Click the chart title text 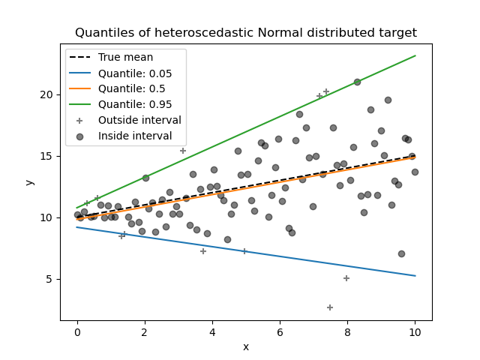click(246, 33)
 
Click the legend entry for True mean click(125, 57)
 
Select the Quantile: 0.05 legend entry click(135, 73)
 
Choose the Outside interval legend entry click(139, 120)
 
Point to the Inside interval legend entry click(135, 136)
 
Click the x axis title click(246, 346)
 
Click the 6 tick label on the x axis click(280, 331)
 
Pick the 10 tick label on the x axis click(415, 331)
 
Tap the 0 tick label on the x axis click(77, 331)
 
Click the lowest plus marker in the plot click(330, 307)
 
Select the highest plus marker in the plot click(326, 91)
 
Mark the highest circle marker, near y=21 click(357, 82)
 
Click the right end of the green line click(415, 55)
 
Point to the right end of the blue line click(415, 276)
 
